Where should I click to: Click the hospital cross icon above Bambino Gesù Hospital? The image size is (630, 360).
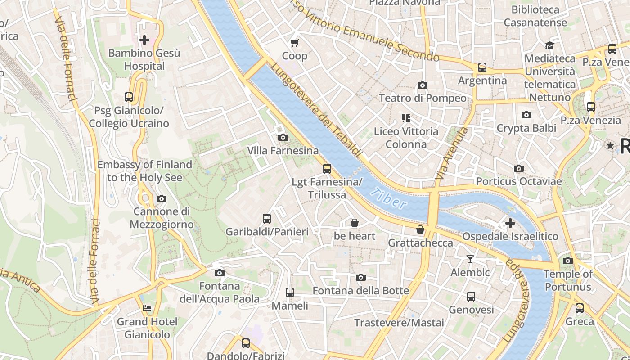point(144,40)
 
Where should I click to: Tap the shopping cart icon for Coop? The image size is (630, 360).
point(295,43)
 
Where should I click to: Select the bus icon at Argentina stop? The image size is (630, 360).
point(482,67)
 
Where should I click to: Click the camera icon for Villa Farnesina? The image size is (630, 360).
point(283,137)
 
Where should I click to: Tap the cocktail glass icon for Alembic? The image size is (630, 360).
point(470,259)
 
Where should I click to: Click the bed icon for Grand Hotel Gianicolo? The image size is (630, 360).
point(147,308)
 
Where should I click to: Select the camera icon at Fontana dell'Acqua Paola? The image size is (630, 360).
point(220,273)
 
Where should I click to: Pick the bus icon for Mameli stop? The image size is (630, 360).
point(290,292)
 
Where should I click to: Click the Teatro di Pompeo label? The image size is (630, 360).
point(423,98)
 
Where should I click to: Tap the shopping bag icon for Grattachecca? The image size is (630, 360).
point(420,229)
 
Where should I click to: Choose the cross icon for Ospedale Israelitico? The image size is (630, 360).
point(510,223)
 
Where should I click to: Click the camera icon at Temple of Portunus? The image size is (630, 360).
point(568,261)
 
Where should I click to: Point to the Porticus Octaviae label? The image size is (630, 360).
point(519,181)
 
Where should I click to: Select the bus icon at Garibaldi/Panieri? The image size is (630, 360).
point(267,219)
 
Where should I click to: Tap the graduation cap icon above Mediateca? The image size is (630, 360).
point(549,45)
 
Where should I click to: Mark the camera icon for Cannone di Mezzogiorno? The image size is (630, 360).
point(161,198)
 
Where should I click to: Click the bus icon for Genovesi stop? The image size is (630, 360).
point(471,297)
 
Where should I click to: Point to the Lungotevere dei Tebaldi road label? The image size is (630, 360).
point(316,111)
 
